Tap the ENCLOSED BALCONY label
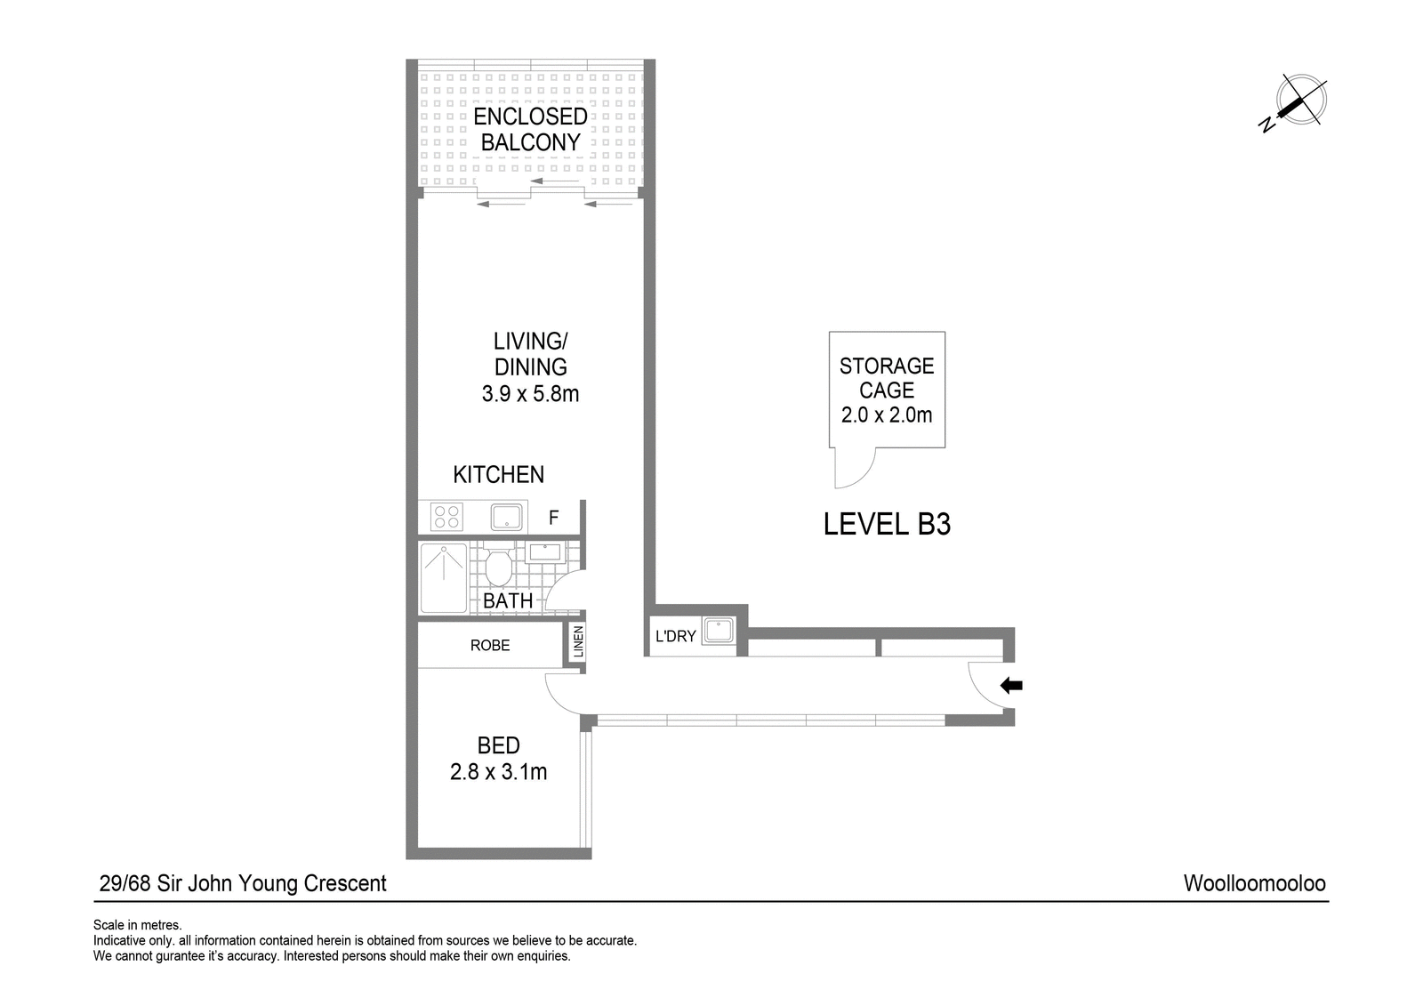point(530,129)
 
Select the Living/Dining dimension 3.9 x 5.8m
point(530,394)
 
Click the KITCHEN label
point(499,475)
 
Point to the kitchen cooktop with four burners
point(446,516)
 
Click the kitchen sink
point(506,517)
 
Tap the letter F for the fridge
point(554,518)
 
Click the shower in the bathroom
point(444,577)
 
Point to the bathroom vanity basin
point(545,551)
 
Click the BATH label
point(508,600)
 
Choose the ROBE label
point(490,646)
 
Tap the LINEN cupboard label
point(578,642)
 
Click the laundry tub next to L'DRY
point(718,631)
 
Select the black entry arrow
point(1011,686)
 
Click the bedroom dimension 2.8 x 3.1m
point(499,771)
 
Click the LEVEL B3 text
point(887,525)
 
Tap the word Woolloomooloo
point(1255,883)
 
